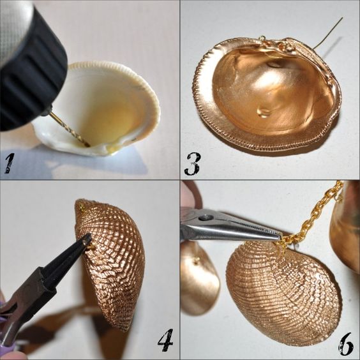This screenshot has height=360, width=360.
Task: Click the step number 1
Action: [x=9, y=163]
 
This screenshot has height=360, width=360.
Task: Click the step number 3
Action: [x=192, y=163]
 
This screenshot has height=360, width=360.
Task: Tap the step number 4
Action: [x=165, y=340]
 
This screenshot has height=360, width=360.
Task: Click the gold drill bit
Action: [x=69, y=128]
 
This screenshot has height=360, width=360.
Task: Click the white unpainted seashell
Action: [x=99, y=108]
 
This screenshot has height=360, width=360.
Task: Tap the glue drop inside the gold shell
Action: [x=264, y=112]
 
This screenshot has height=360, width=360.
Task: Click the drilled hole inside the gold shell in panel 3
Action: [x=274, y=64]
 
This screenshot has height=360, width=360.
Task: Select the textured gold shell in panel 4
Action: [x=110, y=264]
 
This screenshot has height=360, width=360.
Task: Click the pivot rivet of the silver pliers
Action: [x=204, y=218]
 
